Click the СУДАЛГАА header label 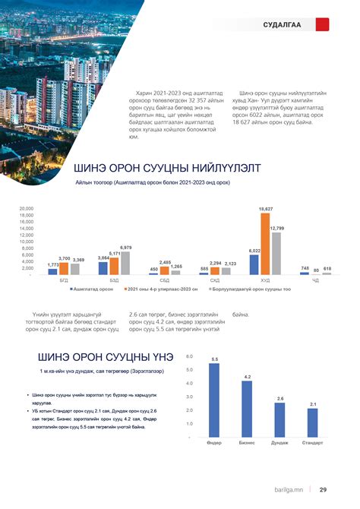(x=282, y=25)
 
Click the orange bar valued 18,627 (x=265, y=243)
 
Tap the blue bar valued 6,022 (x=254, y=264)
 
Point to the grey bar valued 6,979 (x=126, y=262)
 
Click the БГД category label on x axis (x=64, y=280)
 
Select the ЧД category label (x=315, y=280)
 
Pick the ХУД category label (x=265, y=280)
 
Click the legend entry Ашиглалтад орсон (x=93, y=289)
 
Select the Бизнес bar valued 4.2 (x=247, y=409)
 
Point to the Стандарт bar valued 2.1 (x=312, y=422)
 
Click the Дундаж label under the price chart (x=279, y=441)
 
